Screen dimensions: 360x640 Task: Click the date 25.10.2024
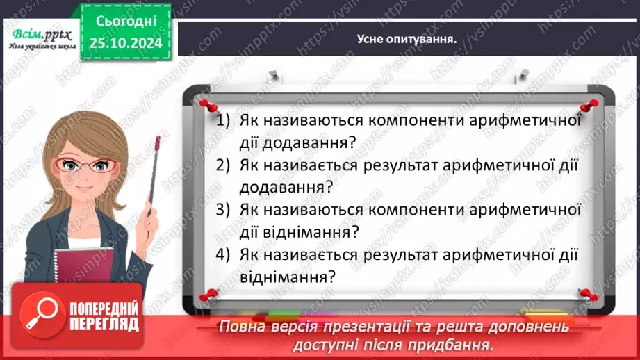coord(126,43)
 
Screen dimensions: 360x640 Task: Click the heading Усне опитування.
coord(406,39)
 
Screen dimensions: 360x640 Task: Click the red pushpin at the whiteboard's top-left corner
coord(205,102)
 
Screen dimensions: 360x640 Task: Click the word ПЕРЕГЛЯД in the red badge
coord(104,325)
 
